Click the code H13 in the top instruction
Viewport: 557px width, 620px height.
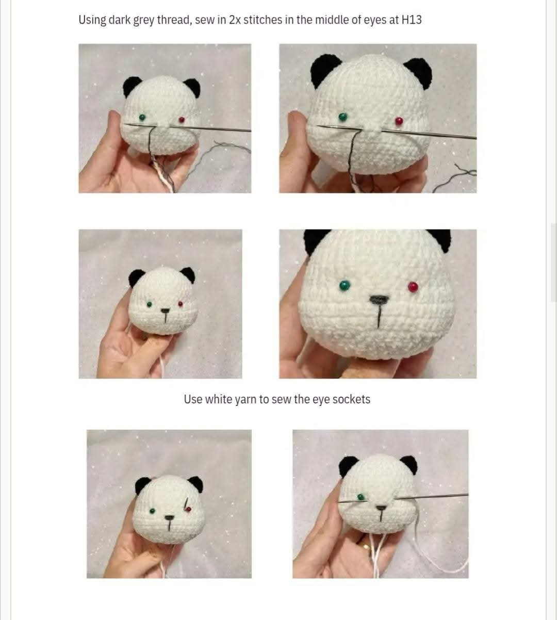pyautogui.click(x=411, y=20)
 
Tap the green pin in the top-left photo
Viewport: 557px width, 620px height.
pyautogui.click(x=142, y=118)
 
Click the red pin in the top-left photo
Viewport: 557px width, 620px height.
pyautogui.click(x=182, y=120)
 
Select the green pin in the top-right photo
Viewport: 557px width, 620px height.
pyautogui.click(x=342, y=116)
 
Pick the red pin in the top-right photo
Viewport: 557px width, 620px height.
pyautogui.click(x=399, y=121)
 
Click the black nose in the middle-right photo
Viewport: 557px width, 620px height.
pyautogui.click(x=380, y=299)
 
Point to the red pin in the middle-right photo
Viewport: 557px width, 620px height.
pyautogui.click(x=413, y=286)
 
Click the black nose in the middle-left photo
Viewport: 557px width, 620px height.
pyautogui.click(x=165, y=311)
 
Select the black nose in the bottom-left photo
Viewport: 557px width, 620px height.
pyautogui.click(x=169, y=516)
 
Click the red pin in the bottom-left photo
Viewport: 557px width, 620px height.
pyautogui.click(x=188, y=509)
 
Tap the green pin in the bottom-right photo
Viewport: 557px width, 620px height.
pyautogui.click(x=361, y=497)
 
